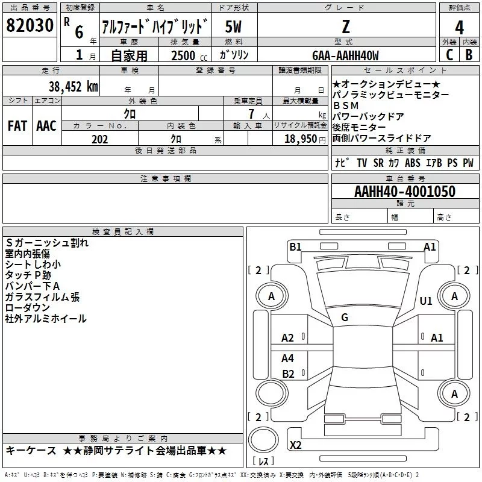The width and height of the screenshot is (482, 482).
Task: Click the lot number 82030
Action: tap(29, 27)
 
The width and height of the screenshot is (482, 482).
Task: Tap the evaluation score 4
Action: tap(460, 27)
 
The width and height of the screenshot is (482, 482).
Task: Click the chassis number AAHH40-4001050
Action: tap(404, 192)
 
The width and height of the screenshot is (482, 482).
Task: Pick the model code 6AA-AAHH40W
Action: tap(345, 55)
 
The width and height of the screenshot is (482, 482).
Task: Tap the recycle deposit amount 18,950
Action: tap(300, 139)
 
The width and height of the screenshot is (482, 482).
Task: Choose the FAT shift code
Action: tap(17, 126)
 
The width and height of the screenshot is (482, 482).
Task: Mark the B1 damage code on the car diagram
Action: tap(295, 246)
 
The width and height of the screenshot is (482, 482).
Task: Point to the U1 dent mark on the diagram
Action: tap(426, 301)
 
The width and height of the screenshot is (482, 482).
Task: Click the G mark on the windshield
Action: tap(345, 318)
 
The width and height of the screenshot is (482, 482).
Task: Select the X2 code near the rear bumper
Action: tap(296, 445)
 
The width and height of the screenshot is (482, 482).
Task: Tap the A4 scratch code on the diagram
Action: tap(288, 358)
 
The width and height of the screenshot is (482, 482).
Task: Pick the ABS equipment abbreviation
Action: tap(413, 163)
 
